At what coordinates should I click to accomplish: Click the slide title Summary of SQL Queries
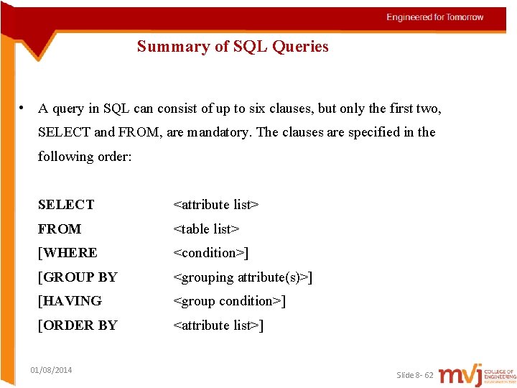coord(233,47)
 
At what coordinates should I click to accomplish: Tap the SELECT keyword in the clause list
coord(66,205)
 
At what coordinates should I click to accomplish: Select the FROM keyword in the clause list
coord(60,229)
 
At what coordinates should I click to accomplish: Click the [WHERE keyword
coord(67,253)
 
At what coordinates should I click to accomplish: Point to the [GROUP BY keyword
coord(78,277)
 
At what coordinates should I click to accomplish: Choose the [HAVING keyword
coord(70,301)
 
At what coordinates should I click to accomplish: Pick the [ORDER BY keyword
coord(78,325)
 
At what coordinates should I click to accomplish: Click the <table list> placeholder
coord(206,229)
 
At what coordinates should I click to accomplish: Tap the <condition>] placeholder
coord(211,253)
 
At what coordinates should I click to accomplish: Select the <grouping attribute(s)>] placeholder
coord(243,277)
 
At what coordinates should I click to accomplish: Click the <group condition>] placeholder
coord(230,301)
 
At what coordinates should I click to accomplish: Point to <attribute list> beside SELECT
coord(215,205)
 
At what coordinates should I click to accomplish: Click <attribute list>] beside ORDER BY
coord(218,325)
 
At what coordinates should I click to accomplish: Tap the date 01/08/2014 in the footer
coord(51,370)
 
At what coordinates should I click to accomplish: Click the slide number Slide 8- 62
coord(415,375)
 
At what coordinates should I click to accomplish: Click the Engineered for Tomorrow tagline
coord(435,17)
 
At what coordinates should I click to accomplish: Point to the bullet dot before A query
coord(24,108)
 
